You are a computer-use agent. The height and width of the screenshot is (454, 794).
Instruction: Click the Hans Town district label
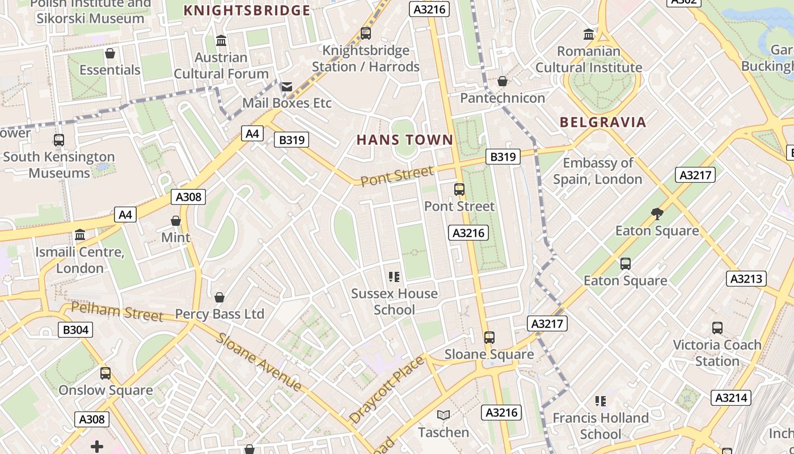[405, 140]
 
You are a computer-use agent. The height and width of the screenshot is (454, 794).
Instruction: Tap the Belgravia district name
[603, 122]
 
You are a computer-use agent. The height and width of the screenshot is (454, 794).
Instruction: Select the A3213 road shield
[746, 279]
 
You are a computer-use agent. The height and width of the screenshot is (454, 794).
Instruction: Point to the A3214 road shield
[731, 398]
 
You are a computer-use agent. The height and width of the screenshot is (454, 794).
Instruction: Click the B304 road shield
[75, 330]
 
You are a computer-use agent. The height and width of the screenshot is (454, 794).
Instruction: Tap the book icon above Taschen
[444, 415]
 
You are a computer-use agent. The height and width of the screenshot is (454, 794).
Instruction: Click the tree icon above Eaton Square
[657, 214]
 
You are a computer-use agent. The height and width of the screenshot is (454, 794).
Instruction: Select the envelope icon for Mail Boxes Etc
[287, 87]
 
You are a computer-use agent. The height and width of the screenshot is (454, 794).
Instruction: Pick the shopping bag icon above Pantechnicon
[502, 82]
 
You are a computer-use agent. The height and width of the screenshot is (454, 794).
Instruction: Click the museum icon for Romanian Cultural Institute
[589, 35]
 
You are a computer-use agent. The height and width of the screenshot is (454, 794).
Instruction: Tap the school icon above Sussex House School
[394, 277]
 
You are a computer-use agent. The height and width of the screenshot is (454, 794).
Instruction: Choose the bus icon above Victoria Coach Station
[717, 328]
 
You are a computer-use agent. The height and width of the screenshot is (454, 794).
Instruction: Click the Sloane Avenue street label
[259, 362]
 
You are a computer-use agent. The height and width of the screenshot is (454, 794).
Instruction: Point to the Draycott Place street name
[386, 389]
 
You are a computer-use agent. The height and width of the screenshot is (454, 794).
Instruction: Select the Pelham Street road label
[117, 312]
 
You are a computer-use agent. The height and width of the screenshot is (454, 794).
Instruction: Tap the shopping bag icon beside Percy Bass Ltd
[219, 297]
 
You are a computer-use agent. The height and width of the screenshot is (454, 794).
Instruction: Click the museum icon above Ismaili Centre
[80, 235]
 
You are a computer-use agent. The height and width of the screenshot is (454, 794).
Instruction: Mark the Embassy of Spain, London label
[598, 171]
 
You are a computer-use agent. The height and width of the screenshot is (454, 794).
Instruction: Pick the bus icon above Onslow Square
[105, 373]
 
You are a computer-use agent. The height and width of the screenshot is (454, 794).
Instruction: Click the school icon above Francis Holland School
[601, 401]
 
